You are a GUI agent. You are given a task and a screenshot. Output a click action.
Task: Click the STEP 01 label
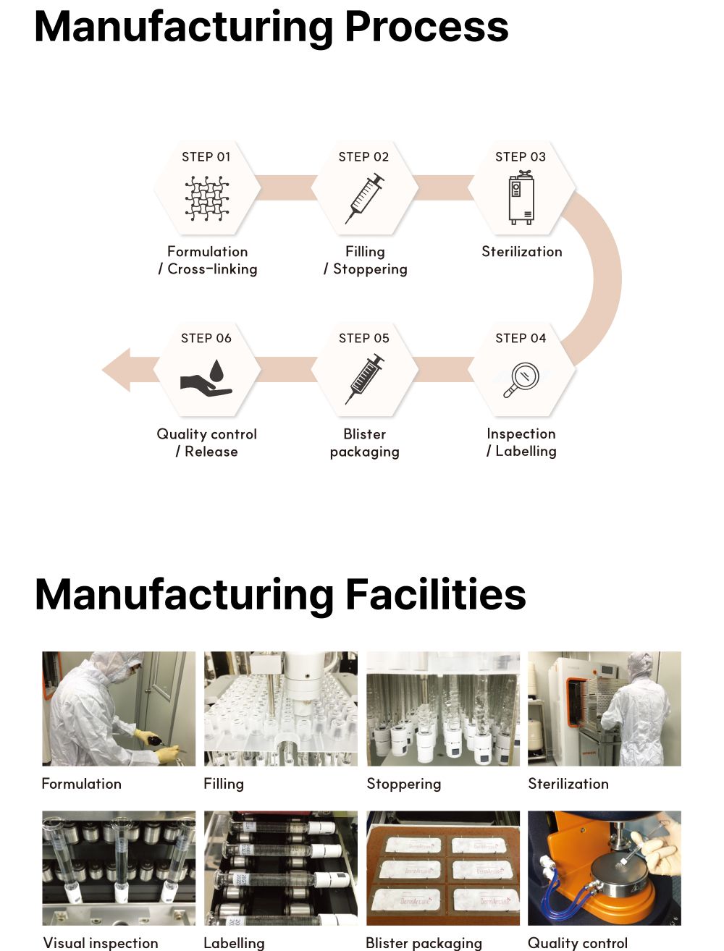tap(206, 156)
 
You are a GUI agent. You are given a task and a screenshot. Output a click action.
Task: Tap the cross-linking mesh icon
tap(207, 198)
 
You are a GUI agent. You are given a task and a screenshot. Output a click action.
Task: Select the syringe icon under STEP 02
tap(364, 198)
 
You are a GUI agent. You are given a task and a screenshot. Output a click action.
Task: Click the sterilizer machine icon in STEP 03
tap(521, 198)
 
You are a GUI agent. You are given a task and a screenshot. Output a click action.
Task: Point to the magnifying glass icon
tap(521, 380)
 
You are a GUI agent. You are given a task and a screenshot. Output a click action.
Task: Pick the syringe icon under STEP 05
tap(364, 379)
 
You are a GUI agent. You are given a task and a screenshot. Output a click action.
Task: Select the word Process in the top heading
tap(426, 27)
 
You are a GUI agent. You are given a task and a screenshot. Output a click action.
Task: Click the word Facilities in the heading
tap(436, 594)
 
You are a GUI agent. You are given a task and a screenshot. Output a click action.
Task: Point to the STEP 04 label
tap(521, 338)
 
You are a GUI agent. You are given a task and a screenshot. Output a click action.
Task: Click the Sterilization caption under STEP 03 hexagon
tap(522, 252)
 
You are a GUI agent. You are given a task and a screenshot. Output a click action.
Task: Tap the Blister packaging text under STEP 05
tap(364, 443)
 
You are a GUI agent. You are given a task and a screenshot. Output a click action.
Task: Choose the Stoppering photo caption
tap(404, 784)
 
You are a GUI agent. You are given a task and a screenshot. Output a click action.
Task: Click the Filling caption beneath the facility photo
tap(224, 784)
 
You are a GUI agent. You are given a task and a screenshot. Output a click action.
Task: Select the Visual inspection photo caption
tap(101, 943)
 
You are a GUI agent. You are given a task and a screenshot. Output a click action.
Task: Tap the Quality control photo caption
tap(577, 943)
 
